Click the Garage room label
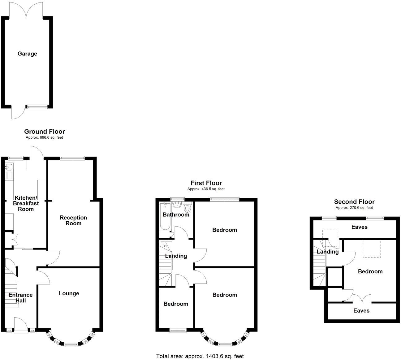[x=27, y=54]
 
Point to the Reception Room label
[x=73, y=220]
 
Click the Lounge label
[x=69, y=293]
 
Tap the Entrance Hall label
[x=20, y=298]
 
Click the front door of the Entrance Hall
[x=20, y=325]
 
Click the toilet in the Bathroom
[x=187, y=207]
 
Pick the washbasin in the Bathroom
[x=177, y=205]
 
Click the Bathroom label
[x=176, y=215]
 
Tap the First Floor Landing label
[x=176, y=256]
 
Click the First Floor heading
[x=206, y=183]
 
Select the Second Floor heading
[x=354, y=202]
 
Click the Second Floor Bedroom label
[x=370, y=271]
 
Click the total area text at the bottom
[x=200, y=356]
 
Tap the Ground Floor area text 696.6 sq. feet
[x=45, y=138]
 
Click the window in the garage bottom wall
[x=37, y=107]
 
